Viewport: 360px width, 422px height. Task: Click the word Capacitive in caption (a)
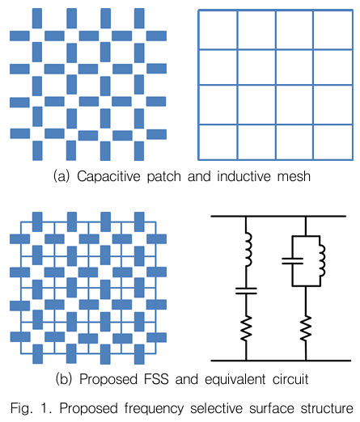(108, 177)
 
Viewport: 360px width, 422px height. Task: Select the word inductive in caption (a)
(244, 176)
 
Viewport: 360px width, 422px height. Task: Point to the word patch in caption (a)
(163, 177)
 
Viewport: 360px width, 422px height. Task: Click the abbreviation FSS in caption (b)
(156, 379)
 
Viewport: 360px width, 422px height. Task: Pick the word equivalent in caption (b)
(235, 380)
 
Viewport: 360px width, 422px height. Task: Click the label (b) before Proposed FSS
(64, 379)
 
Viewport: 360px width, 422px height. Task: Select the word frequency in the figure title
(154, 408)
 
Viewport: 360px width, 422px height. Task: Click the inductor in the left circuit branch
(248, 250)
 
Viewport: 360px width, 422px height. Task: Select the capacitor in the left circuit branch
(246, 291)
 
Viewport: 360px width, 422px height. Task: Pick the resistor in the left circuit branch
(246, 327)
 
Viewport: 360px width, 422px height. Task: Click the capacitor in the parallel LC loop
(292, 261)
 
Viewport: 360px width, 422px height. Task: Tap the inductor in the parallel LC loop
(322, 260)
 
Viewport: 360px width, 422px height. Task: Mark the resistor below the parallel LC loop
(306, 327)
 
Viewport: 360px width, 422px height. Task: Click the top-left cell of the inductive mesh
(218, 30)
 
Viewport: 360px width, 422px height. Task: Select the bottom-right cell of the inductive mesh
(332, 142)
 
